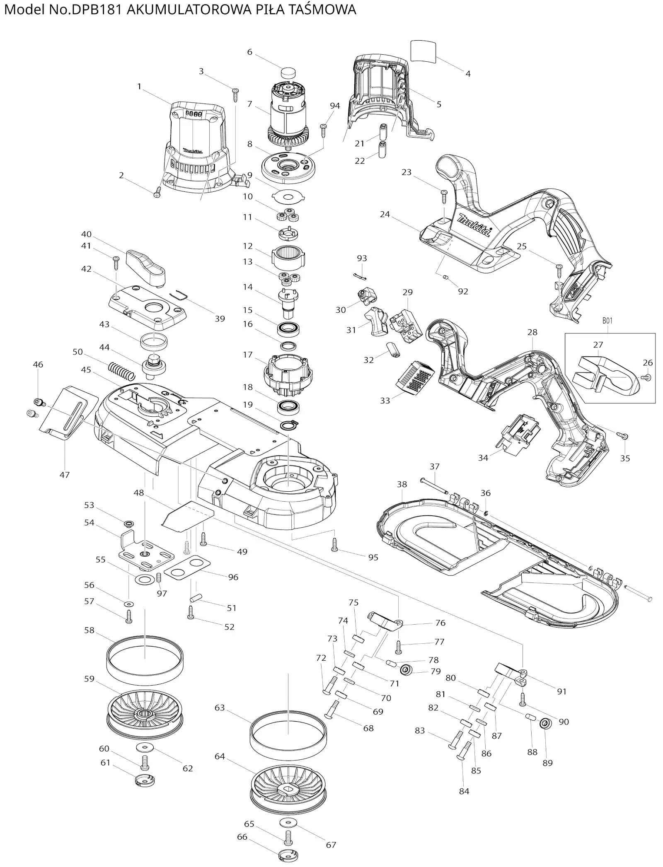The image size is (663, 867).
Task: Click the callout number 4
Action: pos(468,74)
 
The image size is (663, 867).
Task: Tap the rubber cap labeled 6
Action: pos(288,73)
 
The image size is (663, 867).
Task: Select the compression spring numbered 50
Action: pos(122,371)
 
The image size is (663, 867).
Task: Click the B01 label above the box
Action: pos(607,320)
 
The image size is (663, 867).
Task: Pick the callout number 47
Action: pos(65,475)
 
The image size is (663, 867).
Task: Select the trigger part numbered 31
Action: pos(376,322)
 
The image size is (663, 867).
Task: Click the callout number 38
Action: pos(402,484)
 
